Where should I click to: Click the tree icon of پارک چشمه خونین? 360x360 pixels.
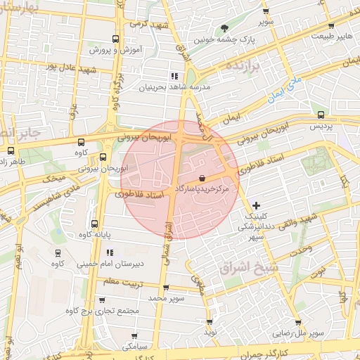224,29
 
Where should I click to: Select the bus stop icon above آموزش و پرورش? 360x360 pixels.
116,39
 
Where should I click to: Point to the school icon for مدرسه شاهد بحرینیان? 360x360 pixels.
174,76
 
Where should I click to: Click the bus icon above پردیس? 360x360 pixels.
321,115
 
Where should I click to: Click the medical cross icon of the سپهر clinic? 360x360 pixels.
256,205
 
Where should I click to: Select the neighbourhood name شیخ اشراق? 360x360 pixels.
250,269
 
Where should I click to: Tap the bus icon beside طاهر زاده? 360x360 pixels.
10,150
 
